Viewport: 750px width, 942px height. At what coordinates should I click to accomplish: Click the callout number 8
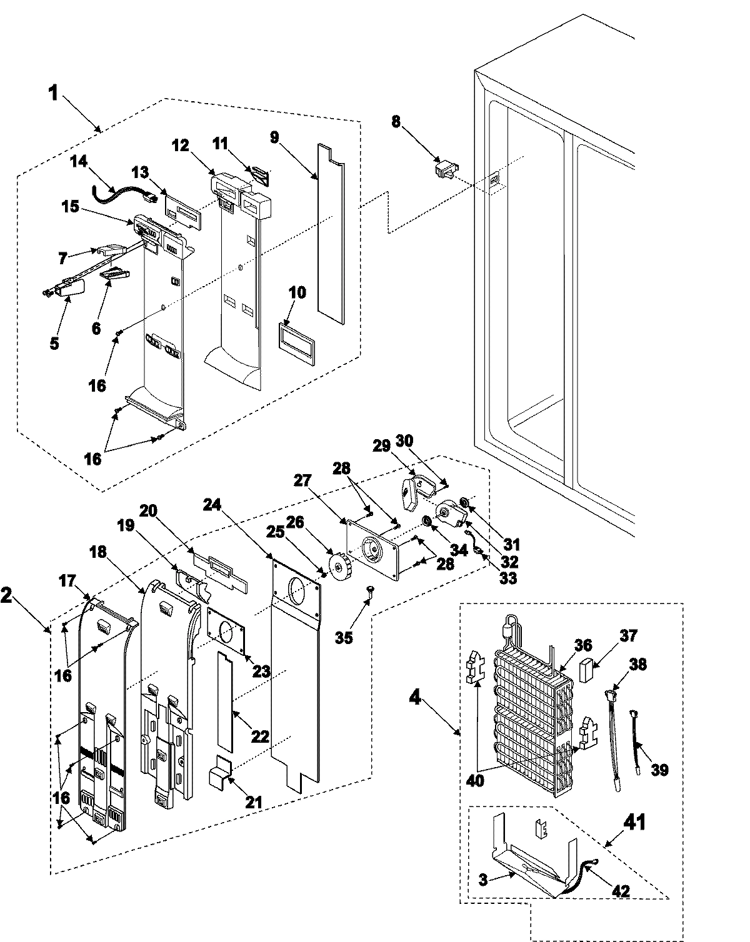395,121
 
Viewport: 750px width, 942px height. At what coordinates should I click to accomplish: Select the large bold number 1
54,94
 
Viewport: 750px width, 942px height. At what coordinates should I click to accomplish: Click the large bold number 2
7,595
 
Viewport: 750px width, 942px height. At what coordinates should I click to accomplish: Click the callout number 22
260,736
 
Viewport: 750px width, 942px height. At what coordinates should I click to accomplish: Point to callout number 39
659,770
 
